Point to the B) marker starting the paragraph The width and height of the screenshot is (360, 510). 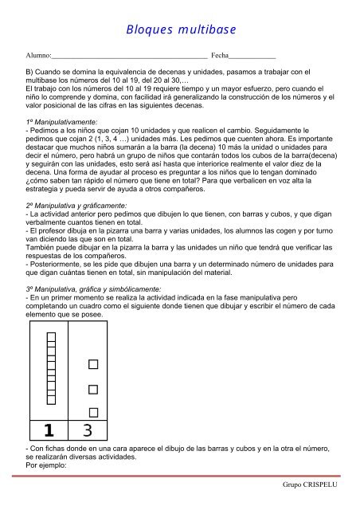tap(29, 73)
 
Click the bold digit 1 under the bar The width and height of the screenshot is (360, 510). tap(49, 431)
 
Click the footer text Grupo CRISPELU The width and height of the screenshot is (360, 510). tap(317, 484)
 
